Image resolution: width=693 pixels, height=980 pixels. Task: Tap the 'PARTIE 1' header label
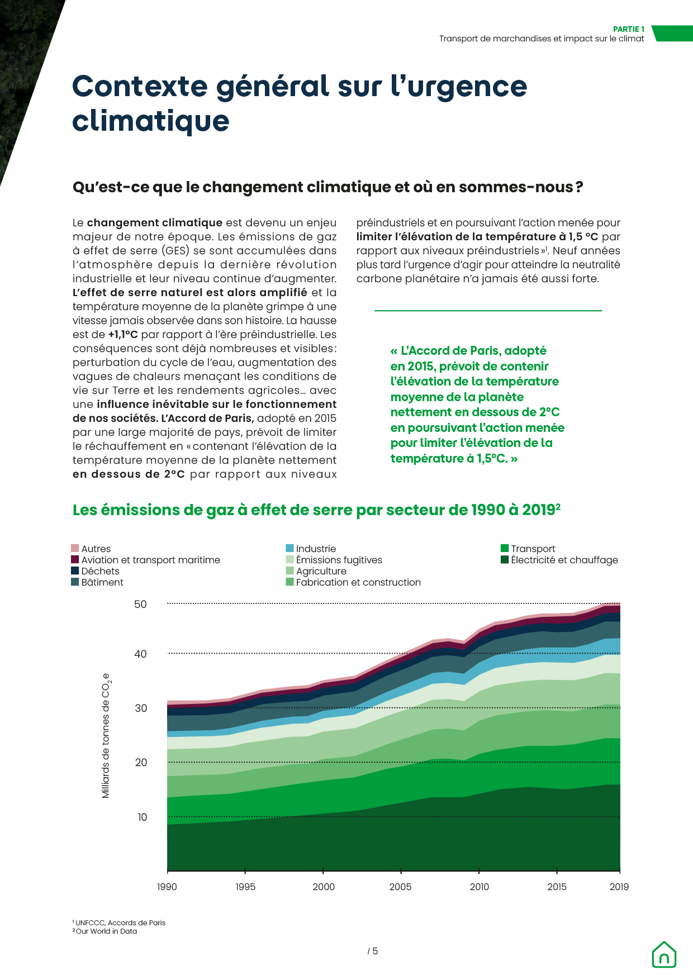click(628, 29)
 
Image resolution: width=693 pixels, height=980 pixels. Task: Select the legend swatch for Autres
click(75, 548)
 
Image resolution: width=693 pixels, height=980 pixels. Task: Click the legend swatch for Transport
click(505, 548)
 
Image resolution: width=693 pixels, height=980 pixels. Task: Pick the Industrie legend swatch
click(289, 548)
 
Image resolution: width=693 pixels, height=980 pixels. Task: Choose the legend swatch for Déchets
click(75, 570)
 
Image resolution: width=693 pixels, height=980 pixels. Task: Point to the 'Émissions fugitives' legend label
click(339, 560)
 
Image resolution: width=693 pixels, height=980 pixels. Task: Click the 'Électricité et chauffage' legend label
click(564, 560)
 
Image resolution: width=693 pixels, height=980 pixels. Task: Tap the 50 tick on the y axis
click(140, 604)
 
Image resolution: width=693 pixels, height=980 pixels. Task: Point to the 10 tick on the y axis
click(143, 817)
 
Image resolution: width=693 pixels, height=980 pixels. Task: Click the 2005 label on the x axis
click(400, 887)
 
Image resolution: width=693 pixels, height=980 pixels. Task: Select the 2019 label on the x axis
click(619, 887)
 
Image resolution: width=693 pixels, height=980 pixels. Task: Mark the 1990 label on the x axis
click(167, 887)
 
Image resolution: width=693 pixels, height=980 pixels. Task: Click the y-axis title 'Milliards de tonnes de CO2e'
click(106, 735)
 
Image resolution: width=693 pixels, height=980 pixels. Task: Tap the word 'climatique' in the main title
click(151, 121)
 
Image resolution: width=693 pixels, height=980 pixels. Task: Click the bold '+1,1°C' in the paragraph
click(122, 335)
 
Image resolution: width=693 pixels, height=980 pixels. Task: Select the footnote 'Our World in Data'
click(106, 931)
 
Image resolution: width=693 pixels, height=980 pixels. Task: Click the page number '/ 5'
click(373, 951)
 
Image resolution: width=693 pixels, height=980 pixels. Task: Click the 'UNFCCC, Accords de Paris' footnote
click(120, 922)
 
